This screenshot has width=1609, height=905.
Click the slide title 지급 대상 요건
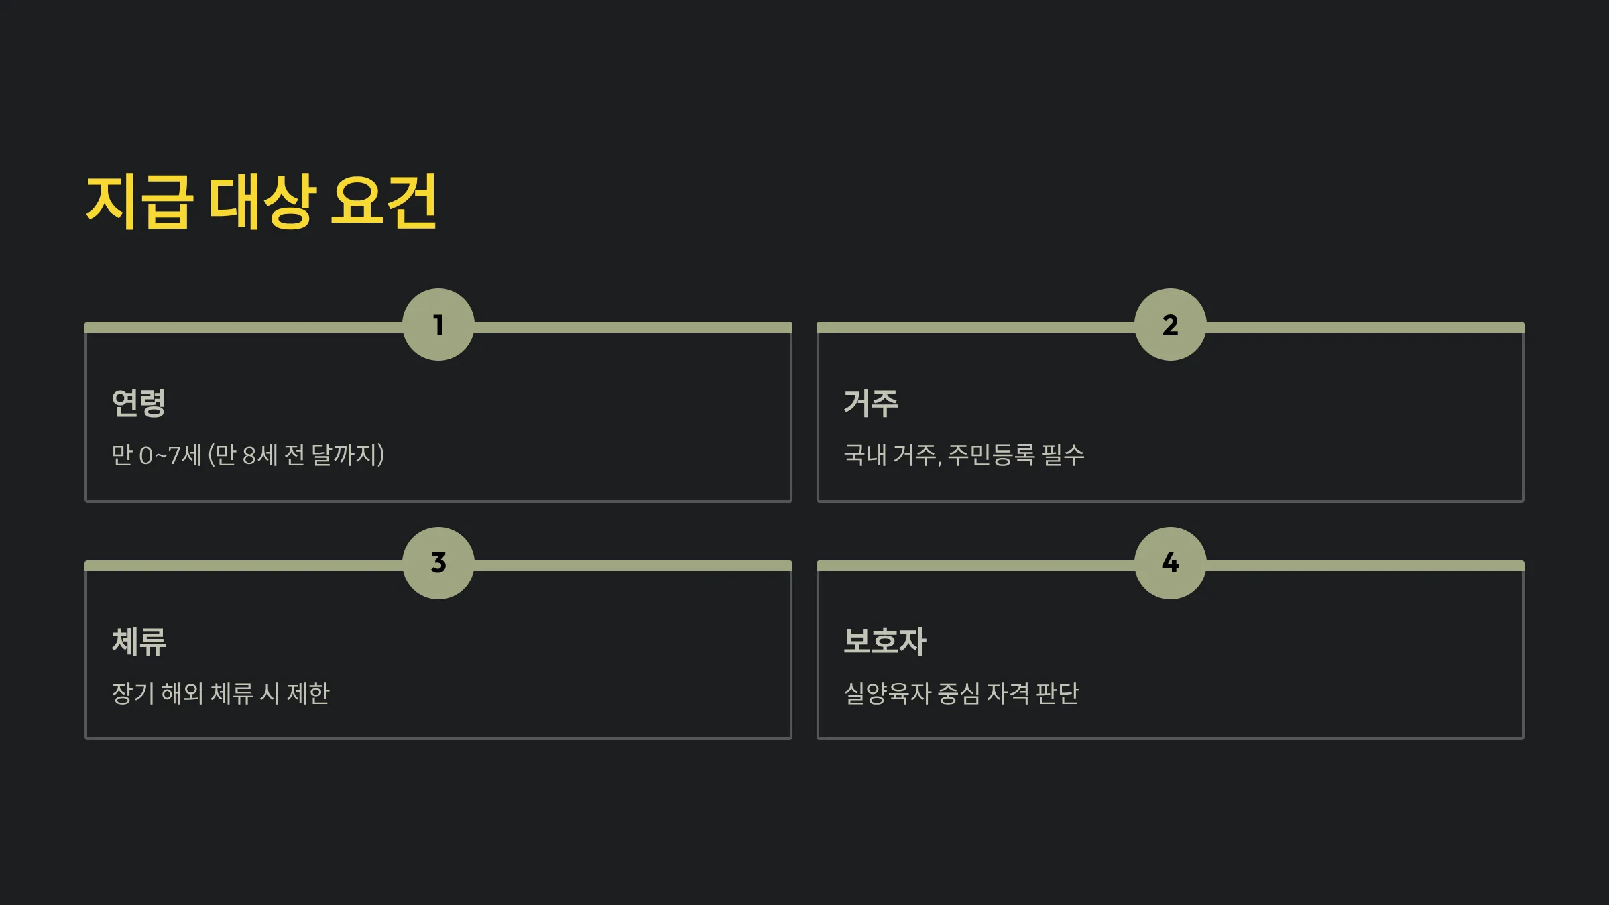(261, 201)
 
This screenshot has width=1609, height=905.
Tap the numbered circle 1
(438, 325)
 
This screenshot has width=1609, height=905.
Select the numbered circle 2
(1171, 325)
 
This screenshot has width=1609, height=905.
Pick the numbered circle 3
(438, 563)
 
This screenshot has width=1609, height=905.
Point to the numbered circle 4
(1171, 563)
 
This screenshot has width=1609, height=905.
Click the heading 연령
(138, 403)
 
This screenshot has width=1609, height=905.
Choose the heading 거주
(870, 403)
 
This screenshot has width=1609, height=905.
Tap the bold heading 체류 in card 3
(138, 642)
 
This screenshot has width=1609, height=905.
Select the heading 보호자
(885, 642)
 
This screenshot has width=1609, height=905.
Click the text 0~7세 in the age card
(170, 455)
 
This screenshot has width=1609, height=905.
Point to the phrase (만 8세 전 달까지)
(296, 455)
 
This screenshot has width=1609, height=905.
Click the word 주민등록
(992, 455)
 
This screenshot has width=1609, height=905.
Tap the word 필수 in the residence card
(1063, 455)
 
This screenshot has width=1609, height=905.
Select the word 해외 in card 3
(182, 693)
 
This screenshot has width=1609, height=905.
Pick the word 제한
(308, 693)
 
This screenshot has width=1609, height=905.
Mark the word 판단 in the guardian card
(1057, 693)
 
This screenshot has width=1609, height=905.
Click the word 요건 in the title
(384, 201)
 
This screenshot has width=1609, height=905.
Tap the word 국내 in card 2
(865, 455)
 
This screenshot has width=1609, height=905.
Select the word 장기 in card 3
(133, 693)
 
